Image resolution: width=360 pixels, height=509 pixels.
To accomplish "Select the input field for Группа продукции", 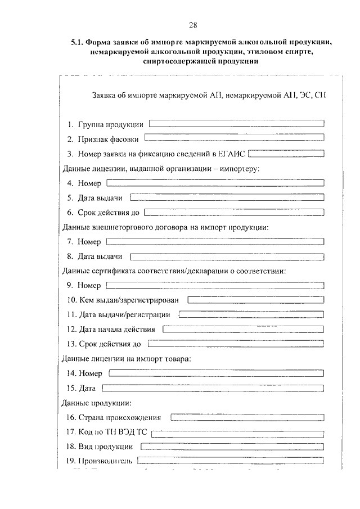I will tap(236, 123).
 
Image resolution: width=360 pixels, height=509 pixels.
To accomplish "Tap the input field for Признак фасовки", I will tap(235, 137).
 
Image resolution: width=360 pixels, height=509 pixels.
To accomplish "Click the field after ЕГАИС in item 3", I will tap(286, 152).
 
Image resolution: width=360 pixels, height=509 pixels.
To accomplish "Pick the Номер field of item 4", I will tap(215, 182).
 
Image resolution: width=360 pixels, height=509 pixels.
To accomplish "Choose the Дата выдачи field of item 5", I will tap(227, 197).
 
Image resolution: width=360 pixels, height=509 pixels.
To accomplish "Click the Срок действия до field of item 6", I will tap(234, 212).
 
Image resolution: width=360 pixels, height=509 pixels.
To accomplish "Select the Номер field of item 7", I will tap(215, 241).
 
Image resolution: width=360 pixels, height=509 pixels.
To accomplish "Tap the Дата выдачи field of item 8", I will tap(227, 256).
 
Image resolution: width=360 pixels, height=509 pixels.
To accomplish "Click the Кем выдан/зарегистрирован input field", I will tap(256, 300).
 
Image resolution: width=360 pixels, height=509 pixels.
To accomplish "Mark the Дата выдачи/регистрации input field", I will tap(251, 314).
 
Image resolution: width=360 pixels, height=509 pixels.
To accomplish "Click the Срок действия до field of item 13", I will tap(236, 344).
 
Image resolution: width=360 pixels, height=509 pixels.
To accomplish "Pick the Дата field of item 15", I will tap(213, 388).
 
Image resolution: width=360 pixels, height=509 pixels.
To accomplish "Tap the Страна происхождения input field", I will tap(247, 417).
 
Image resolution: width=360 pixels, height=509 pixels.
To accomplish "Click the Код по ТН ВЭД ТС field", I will tap(238, 433).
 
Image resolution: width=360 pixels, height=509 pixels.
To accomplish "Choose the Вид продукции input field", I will tap(232, 447).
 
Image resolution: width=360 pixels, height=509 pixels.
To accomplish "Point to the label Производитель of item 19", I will tap(105, 461).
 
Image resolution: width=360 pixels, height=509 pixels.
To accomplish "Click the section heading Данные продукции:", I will tap(96, 403).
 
